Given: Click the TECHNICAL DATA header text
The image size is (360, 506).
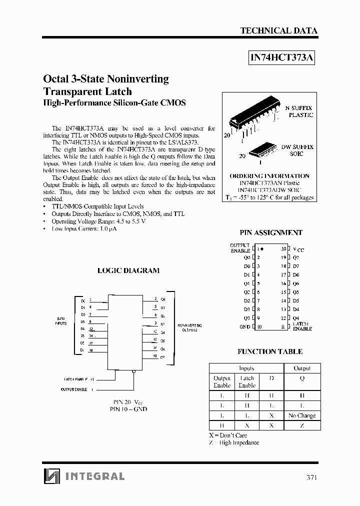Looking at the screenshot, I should coord(278,30).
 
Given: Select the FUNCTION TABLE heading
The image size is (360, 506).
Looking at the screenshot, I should coord(270,351).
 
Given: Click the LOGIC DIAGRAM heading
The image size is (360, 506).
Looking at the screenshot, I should coord(128,270).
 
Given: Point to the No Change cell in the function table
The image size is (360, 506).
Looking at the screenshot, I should coord(302,415).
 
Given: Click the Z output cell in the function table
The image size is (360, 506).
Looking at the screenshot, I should coord(302,425).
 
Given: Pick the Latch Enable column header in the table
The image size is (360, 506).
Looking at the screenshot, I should coord(247,382).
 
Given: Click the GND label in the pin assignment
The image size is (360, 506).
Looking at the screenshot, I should coord(244,326).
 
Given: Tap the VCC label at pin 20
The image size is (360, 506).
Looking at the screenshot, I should coord(298,248).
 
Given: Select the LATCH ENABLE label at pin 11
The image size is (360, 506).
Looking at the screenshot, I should coord(302,326).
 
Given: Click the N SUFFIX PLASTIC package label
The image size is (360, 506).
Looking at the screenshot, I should coord(299,111).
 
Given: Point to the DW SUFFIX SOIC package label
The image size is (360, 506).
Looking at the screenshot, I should coord(297,150).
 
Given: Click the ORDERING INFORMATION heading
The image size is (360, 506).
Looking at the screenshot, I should coord(269,176).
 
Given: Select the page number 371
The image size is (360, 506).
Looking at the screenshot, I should coord(311,477).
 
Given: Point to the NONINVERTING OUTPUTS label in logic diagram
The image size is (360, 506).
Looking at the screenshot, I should coord(187,328).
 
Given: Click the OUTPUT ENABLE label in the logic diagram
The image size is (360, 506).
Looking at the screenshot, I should coord(74,389).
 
